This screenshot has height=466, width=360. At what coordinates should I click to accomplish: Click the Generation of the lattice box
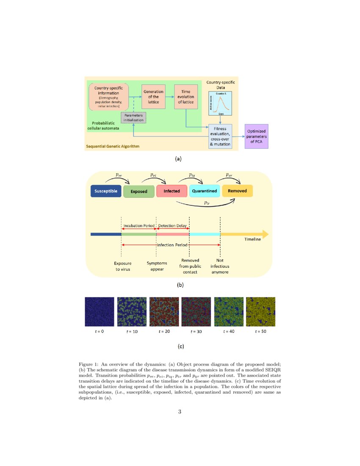pos(153,97)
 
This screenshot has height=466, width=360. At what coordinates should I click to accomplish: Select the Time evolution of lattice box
pos(186,97)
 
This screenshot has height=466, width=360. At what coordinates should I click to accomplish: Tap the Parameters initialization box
pos(133,117)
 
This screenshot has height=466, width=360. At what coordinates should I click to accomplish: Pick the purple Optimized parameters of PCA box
pos(257,136)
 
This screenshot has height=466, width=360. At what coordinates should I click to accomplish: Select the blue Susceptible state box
pos(106,191)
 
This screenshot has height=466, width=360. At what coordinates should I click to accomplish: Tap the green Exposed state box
pos(139,191)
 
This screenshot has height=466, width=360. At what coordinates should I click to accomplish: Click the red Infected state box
pos(172,191)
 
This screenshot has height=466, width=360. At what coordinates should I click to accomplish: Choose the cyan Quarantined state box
pos(205,191)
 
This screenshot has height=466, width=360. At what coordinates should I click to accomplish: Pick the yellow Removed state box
pos(237,191)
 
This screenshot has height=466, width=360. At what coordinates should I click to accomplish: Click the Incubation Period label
pos(139,226)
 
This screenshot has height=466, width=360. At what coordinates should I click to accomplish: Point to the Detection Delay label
pos(172,226)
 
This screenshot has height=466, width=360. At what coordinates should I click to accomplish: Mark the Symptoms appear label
pos(157,266)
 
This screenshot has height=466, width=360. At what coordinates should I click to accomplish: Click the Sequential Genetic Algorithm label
pos(113,147)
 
